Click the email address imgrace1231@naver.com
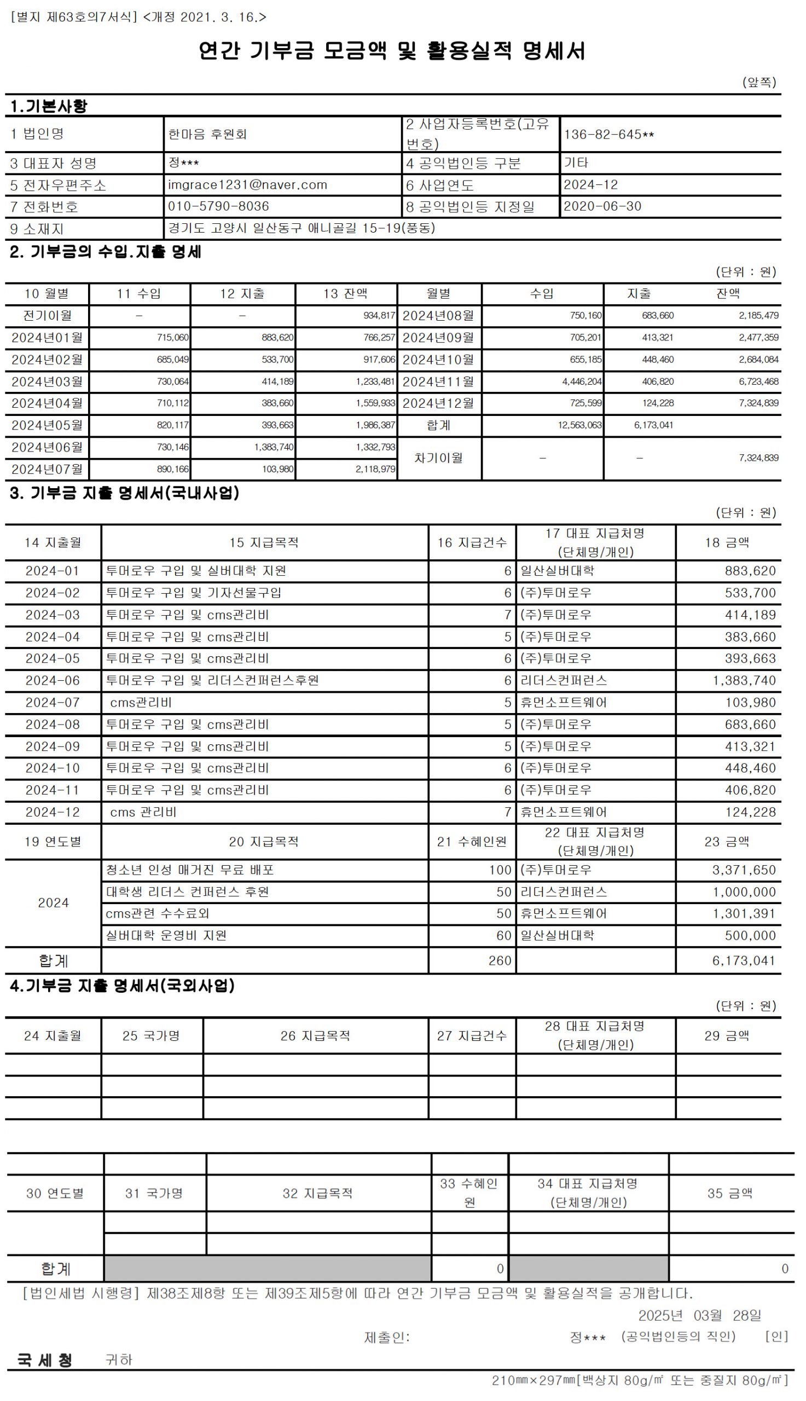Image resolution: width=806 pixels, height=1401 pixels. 247,185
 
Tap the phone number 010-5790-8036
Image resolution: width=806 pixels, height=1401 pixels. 218,206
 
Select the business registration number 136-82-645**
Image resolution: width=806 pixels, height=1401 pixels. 608,135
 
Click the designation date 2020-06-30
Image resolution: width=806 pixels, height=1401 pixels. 602,206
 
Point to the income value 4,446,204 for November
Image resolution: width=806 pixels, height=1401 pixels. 581,381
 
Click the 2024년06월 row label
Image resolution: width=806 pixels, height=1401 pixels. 47,447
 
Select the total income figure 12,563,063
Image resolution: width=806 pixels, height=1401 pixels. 579,425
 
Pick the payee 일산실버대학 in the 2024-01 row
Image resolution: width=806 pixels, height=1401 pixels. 557,571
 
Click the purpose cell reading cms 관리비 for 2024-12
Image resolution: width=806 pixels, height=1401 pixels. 143,812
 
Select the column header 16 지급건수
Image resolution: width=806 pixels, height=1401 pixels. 472,542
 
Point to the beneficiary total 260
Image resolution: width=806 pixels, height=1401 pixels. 500,961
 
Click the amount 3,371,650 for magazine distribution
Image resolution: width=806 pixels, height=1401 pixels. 744,870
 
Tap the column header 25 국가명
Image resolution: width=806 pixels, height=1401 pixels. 151,1035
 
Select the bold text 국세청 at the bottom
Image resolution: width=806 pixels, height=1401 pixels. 44,1360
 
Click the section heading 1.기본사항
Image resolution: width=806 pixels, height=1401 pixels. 49,106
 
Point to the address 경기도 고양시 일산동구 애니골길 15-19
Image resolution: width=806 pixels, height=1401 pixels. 301,228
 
